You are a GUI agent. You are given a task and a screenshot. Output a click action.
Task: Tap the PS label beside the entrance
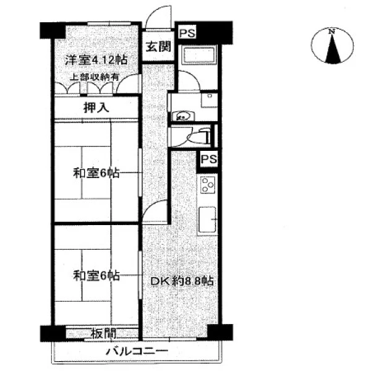pyautogui.click(x=187, y=33)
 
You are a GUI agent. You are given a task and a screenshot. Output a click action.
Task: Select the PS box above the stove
pyautogui.click(x=208, y=159)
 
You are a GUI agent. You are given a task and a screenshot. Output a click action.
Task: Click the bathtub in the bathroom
pyautogui.click(x=199, y=55)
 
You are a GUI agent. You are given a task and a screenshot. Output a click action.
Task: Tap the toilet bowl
pyautogui.click(x=198, y=137)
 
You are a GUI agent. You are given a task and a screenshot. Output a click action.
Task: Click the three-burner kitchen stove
pyautogui.click(x=208, y=185)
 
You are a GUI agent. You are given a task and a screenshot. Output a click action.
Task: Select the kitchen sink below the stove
pyautogui.click(x=208, y=220)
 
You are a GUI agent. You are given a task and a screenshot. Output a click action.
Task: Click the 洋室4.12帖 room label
pyautogui.click(x=96, y=60)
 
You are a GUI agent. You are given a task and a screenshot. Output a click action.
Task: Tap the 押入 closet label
pyautogui.click(x=96, y=108)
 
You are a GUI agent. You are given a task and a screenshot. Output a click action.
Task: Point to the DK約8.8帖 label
pyautogui.click(x=182, y=281)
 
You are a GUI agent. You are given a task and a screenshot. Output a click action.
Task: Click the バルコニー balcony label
pyautogui.click(x=137, y=351)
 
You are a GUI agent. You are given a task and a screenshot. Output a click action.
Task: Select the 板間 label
pyautogui.click(x=103, y=334)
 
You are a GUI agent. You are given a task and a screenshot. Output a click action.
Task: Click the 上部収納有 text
pyautogui.click(x=94, y=77)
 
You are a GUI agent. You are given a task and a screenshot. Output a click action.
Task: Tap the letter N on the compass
pyautogui.click(x=333, y=31)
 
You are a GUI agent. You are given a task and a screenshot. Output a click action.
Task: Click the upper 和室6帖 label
pyautogui.click(x=96, y=173)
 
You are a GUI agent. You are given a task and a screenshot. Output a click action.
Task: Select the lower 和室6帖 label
pyautogui.click(x=96, y=276)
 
